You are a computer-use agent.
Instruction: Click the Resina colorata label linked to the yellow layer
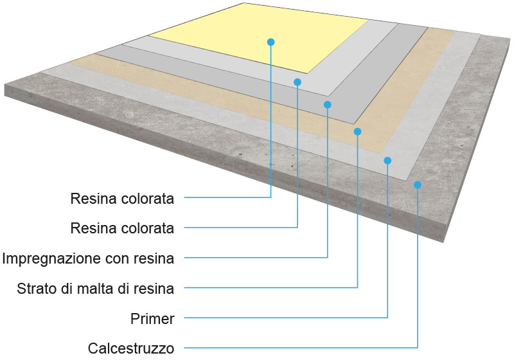(122, 199)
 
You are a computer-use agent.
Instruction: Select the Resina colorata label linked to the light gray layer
(122, 228)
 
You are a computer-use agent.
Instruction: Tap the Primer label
(152, 318)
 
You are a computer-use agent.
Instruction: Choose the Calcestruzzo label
(131, 348)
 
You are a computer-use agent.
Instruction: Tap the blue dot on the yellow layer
(270, 42)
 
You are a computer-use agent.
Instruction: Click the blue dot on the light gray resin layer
(297, 82)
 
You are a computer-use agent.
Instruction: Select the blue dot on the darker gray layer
(327, 104)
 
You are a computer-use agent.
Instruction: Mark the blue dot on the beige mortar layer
(357, 131)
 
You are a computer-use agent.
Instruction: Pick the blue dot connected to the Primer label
(387, 160)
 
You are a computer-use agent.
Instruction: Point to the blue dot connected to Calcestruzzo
(418, 185)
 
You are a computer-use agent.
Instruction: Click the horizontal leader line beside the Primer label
(283, 318)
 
